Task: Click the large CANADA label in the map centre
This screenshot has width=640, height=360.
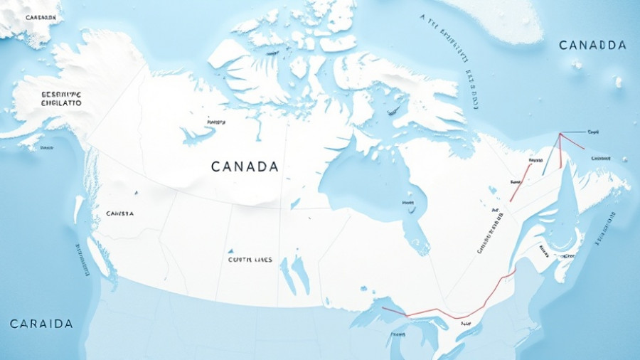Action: coord(245,166)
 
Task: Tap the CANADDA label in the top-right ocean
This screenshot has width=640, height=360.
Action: coord(592,46)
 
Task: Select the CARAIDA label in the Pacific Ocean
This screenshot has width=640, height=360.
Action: coord(41,324)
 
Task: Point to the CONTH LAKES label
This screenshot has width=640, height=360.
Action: coord(250,260)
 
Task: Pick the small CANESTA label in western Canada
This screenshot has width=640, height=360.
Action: coord(119,213)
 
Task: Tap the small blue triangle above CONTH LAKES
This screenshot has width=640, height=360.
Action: coord(230,251)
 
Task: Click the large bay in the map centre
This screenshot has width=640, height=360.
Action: coord(363,178)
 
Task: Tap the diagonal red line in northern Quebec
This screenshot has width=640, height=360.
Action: coord(520,181)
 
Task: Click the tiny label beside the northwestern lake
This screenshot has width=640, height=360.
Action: coord(210,122)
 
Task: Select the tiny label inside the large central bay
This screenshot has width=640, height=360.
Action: coord(408,203)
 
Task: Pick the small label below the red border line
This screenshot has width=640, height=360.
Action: coord(466,324)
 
